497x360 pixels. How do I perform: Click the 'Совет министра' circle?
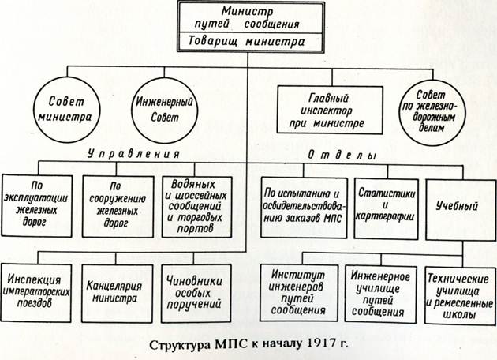click(x=66, y=110)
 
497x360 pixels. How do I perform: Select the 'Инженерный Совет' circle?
click(x=165, y=110)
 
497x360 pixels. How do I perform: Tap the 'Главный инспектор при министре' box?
click(x=330, y=110)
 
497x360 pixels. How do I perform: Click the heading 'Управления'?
click(x=133, y=154)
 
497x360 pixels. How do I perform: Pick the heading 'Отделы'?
click(x=342, y=155)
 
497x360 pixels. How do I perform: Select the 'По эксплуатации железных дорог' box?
click(x=36, y=206)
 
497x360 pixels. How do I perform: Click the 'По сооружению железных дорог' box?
click(x=118, y=207)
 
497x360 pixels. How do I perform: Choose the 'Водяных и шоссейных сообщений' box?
click(x=197, y=207)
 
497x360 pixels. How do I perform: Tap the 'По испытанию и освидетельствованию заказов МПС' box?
click(x=304, y=208)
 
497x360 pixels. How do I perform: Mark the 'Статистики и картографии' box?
click(x=386, y=208)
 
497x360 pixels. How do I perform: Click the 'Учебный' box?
click(x=461, y=210)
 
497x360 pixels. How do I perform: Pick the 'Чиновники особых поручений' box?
click(x=196, y=294)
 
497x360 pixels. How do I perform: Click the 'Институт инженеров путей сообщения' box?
click(x=299, y=293)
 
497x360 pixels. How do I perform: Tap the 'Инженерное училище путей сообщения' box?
click(x=380, y=294)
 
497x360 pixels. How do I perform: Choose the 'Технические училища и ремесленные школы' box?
click(x=460, y=295)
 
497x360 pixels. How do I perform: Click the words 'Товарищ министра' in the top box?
click(x=246, y=41)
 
